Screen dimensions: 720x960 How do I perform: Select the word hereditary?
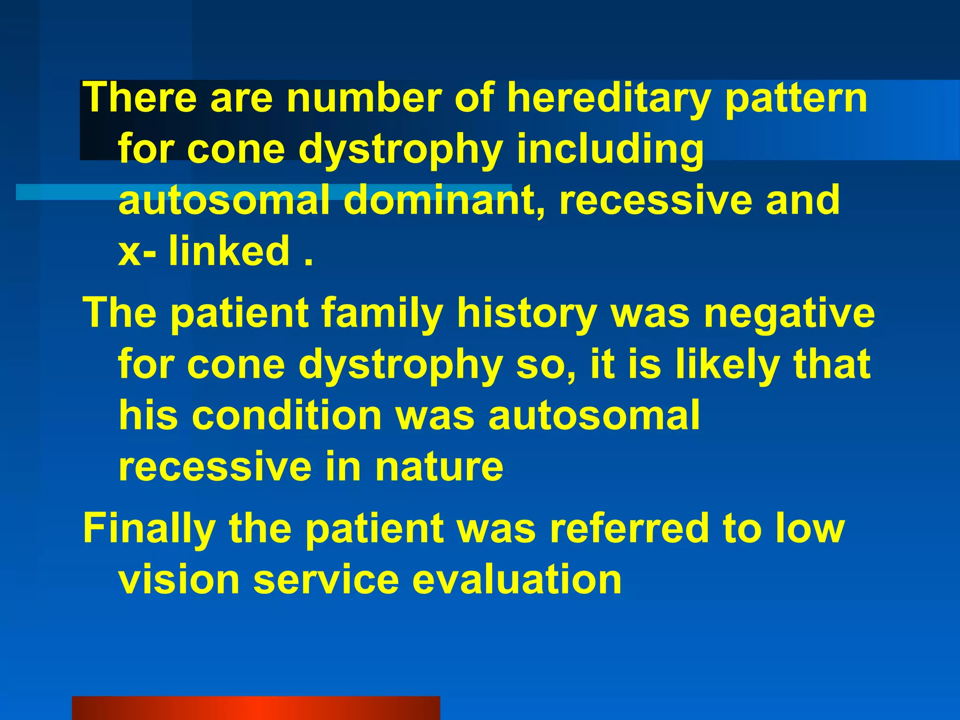(608, 98)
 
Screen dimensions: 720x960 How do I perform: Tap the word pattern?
(796, 98)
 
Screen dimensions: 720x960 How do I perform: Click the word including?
(610, 150)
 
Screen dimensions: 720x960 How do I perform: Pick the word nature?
(439, 467)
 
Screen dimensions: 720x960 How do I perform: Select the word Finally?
(149, 528)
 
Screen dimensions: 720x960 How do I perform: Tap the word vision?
(179, 579)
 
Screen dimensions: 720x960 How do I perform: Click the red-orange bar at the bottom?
(256, 708)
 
